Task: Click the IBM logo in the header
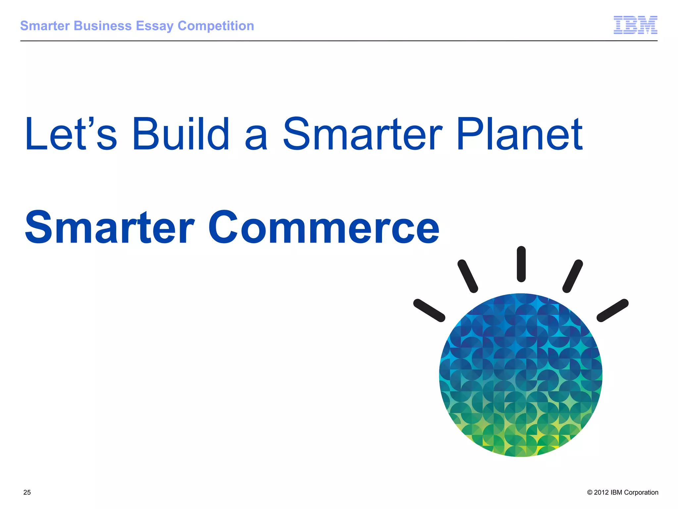(635, 25)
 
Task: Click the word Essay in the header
(155, 26)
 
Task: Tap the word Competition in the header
(216, 26)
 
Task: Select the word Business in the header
(103, 26)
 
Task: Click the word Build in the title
(181, 134)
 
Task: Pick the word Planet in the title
(519, 134)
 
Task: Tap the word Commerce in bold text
(323, 228)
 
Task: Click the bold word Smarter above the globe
(110, 228)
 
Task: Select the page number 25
(27, 492)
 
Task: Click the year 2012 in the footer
(601, 492)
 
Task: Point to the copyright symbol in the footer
(590, 492)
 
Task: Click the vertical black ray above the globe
(521, 264)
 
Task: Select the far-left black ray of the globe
(429, 310)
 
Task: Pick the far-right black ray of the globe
(612, 310)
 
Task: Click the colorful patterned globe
(521, 375)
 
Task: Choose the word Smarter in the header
(45, 26)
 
